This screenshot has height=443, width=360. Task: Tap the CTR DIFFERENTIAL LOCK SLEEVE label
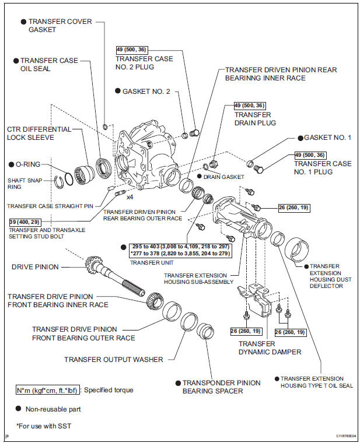pyautogui.click(x=39, y=133)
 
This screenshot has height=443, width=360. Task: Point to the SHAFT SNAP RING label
pyautogui.click(x=23, y=183)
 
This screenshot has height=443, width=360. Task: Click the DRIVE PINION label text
pyautogui.click(x=35, y=267)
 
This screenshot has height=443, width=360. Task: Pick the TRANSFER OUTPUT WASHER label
pyautogui.click(x=114, y=360)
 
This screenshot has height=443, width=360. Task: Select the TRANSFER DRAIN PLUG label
pyautogui.click(x=254, y=119)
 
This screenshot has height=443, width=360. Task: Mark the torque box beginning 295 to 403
pyautogui.click(x=173, y=251)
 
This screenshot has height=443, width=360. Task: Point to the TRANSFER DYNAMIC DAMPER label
pyautogui.click(x=270, y=347)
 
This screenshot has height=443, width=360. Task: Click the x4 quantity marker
pyautogui.click(x=130, y=197)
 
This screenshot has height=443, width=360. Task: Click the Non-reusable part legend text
pyautogui.click(x=52, y=409)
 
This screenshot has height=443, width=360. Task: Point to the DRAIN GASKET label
pyautogui.click(x=223, y=175)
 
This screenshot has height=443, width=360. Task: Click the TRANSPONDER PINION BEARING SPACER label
pyautogui.click(x=221, y=386)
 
